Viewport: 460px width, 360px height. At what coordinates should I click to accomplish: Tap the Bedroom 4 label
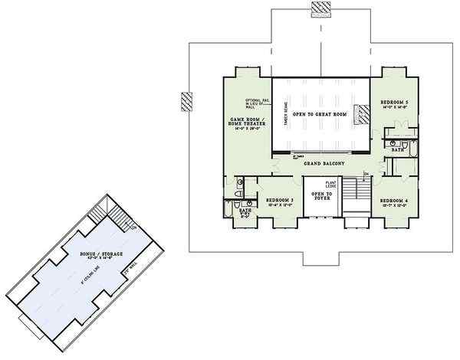(x=396, y=201)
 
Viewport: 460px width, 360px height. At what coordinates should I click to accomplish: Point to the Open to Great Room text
(x=320, y=113)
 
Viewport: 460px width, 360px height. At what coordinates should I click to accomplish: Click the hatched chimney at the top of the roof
(x=320, y=8)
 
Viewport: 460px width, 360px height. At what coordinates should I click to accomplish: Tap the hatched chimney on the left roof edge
(x=186, y=102)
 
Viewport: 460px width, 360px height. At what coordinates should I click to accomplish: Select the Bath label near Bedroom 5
(x=397, y=150)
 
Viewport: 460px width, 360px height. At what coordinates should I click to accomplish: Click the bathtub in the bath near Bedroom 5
(x=412, y=147)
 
